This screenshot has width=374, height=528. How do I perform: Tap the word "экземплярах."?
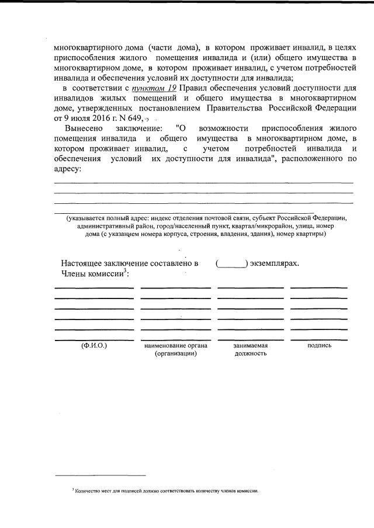click(x=275, y=263)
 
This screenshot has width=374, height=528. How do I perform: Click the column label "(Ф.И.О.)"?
click(x=93, y=345)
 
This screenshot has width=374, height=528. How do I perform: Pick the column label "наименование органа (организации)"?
click(x=175, y=349)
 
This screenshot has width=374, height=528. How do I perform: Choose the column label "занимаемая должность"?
click(x=250, y=349)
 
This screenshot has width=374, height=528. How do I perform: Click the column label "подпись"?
click(x=319, y=345)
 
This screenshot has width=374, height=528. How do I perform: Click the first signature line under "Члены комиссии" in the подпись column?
click(x=319, y=287)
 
